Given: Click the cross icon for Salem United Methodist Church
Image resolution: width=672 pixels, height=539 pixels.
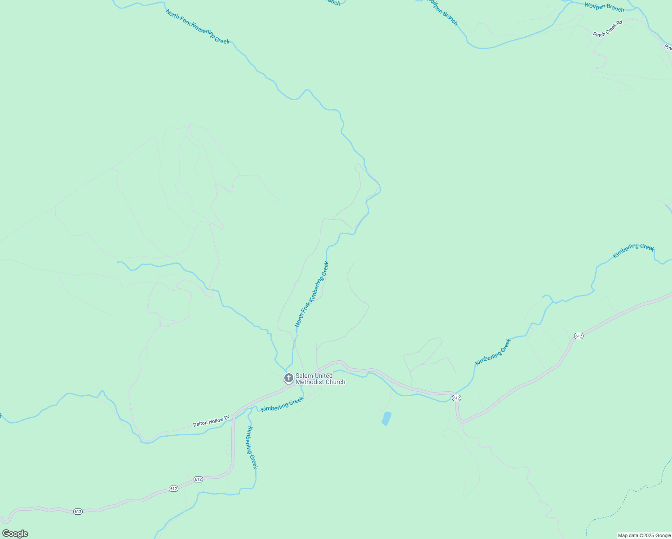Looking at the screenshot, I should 288,378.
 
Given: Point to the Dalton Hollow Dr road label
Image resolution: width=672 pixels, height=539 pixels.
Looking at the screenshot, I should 211,421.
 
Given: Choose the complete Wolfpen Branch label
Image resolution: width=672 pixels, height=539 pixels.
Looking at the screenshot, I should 604,7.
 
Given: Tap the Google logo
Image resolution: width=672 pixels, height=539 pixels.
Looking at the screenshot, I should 15,534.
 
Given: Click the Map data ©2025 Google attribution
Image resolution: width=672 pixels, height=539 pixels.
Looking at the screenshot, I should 644,535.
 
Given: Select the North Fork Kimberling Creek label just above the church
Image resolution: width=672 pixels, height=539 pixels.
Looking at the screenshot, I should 312,294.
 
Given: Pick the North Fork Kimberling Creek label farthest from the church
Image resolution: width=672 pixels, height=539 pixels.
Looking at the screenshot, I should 198,27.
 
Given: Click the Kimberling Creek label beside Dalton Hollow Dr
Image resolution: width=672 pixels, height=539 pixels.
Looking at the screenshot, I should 282,405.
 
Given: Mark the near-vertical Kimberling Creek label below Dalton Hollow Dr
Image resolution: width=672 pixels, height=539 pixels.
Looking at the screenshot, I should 252,447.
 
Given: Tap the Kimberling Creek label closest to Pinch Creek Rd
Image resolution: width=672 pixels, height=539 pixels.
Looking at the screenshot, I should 633,251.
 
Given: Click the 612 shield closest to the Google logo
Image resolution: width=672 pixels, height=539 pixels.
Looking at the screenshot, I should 78,512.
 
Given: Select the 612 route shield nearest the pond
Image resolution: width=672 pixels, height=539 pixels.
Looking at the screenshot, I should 456,398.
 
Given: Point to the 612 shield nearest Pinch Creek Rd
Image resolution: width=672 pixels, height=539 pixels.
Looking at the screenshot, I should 579,336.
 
